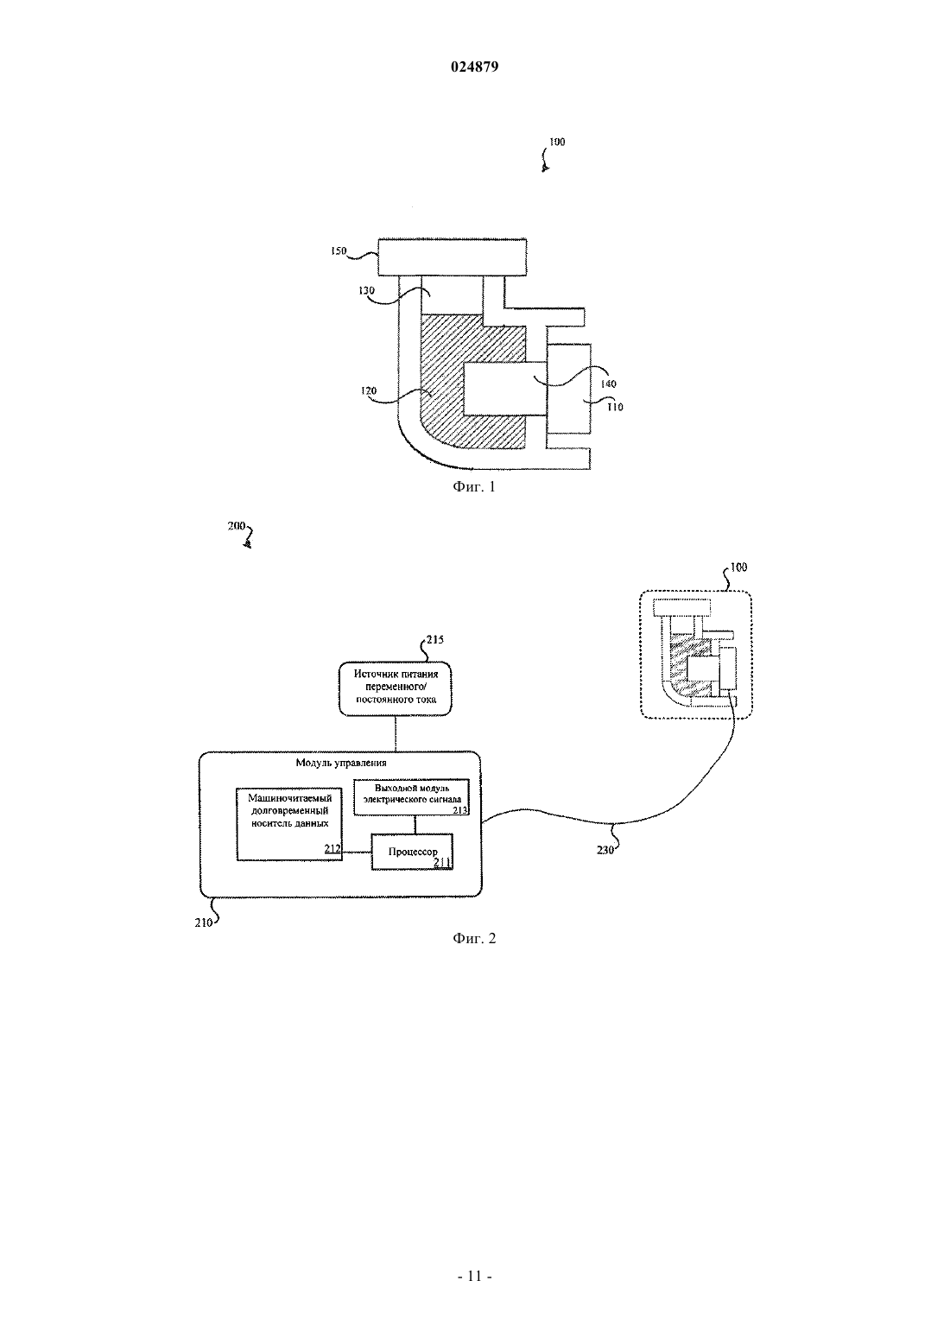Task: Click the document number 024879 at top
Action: click(474, 67)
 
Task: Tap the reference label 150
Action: click(339, 250)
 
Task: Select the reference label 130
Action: click(366, 290)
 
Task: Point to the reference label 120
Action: click(368, 390)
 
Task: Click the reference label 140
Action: click(608, 384)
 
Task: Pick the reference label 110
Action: click(615, 407)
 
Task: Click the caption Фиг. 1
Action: click(474, 486)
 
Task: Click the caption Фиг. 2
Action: click(474, 938)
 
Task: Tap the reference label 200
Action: click(237, 526)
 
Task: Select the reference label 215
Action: click(434, 639)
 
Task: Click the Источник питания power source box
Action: click(396, 688)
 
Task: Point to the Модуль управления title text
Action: click(340, 763)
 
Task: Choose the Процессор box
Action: click(412, 852)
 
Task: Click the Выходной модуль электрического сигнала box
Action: click(411, 796)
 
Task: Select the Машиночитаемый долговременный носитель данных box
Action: click(289, 824)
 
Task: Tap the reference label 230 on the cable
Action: click(605, 850)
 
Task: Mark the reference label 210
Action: click(203, 922)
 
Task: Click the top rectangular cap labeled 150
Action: click(453, 257)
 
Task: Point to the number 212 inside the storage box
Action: click(332, 848)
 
